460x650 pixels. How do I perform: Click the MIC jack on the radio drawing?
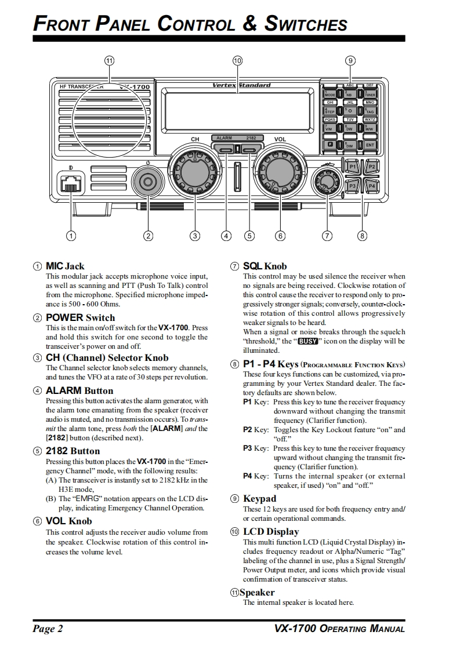click(x=70, y=185)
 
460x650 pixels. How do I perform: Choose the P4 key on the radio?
click(x=371, y=185)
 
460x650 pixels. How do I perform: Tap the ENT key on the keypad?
click(x=370, y=145)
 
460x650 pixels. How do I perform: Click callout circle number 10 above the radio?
click(x=237, y=60)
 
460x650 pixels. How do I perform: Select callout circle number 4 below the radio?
click(x=226, y=236)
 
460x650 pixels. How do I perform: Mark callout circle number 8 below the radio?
click(x=363, y=236)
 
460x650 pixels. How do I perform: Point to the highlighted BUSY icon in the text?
click(x=307, y=342)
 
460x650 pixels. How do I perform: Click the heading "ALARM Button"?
click(x=79, y=390)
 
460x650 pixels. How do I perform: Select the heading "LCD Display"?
click(x=271, y=531)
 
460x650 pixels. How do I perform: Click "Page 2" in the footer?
click(x=48, y=629)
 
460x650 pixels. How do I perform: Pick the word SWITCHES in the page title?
click(x=306, y=24)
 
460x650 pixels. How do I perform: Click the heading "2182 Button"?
click(x=73, y=451)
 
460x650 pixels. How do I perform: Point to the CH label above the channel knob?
click(x=195, y=139)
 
